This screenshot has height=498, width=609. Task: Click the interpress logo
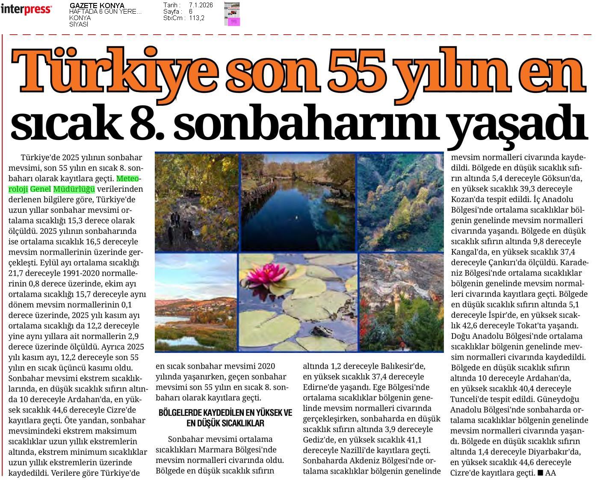pos(26,9)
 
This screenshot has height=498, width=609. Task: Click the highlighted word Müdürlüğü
pos(74,189)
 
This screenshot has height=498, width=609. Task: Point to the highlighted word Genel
pos(41,189)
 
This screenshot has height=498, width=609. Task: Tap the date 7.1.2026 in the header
pos(201,5)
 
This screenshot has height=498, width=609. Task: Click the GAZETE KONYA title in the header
pos(97,6)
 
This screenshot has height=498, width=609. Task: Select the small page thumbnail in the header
pos(232,14)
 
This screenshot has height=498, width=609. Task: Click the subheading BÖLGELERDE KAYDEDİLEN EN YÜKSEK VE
pos(225,413)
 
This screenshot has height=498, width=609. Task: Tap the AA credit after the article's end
pos(550,473)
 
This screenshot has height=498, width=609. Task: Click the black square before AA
pos(540,473)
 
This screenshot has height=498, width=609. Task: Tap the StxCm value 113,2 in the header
pos(197,18)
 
